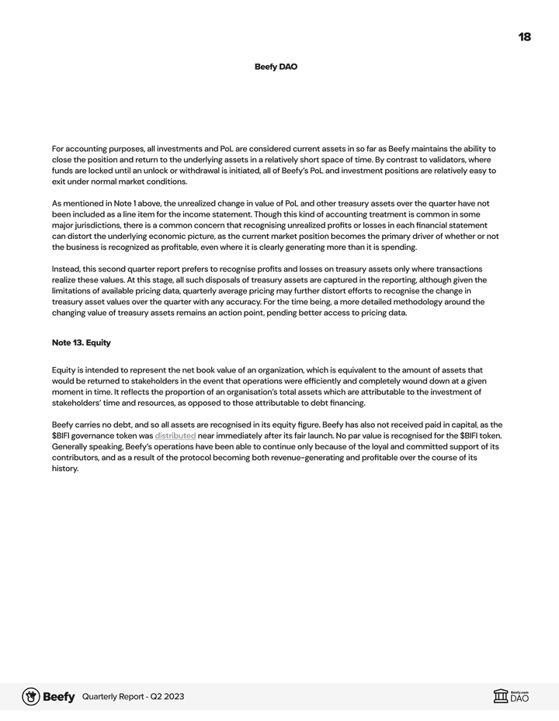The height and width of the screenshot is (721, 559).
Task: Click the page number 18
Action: (524, 37)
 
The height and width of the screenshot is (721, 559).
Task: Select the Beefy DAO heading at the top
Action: (276, 67)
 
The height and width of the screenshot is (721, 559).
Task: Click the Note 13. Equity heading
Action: (81, 342)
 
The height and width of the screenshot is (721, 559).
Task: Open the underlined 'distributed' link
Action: (175, 435)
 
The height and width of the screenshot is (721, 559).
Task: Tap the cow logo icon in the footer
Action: (31, 696)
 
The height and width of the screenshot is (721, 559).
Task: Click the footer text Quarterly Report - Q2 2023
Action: (133, 697)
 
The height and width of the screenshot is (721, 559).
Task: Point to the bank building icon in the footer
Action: (501, 696)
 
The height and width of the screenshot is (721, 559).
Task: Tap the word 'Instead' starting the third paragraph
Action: (67, 269)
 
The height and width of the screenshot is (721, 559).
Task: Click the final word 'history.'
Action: (65, 469)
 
